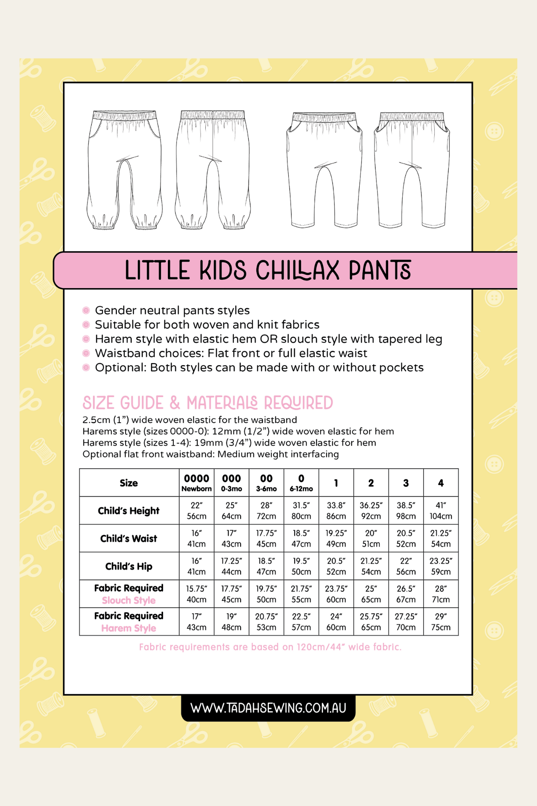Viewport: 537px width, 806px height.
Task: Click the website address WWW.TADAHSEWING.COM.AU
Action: click(268, 708)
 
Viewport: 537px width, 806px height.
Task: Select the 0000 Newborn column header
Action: click(196, 483)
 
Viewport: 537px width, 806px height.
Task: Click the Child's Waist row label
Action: click(129, 539)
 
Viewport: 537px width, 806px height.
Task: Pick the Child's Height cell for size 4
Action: click(441, 510)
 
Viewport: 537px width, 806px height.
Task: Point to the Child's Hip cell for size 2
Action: click(371, 566)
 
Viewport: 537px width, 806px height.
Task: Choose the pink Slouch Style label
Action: click(129, 601)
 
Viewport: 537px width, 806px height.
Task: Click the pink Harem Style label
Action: click(129, 628)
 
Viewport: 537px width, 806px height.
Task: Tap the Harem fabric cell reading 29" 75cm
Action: click(441, 621)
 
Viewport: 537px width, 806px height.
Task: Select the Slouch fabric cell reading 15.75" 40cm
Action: click(196, 594)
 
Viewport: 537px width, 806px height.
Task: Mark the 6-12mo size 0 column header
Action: click(301, 483)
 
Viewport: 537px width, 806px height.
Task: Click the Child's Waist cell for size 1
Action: click(336, 539)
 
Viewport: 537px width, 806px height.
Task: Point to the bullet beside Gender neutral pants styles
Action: click(86, 311)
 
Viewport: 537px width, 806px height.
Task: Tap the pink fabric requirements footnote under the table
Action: click(270, 647)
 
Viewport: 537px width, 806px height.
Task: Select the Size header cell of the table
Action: click(129, 483)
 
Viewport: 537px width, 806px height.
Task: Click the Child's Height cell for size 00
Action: click(266, 510)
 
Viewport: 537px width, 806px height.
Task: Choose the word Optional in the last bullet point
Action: click(120, 367)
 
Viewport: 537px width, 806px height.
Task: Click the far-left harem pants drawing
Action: click(124, 170)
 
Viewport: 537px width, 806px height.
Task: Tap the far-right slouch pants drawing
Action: click(412, 170)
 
